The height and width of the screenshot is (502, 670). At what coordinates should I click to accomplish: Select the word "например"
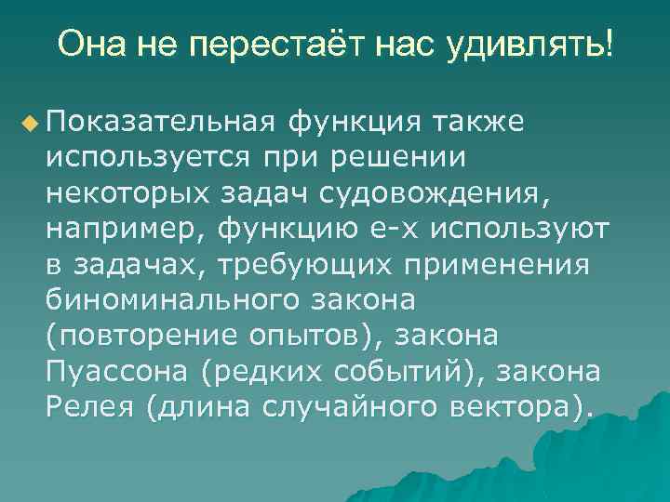click(124, 228)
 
